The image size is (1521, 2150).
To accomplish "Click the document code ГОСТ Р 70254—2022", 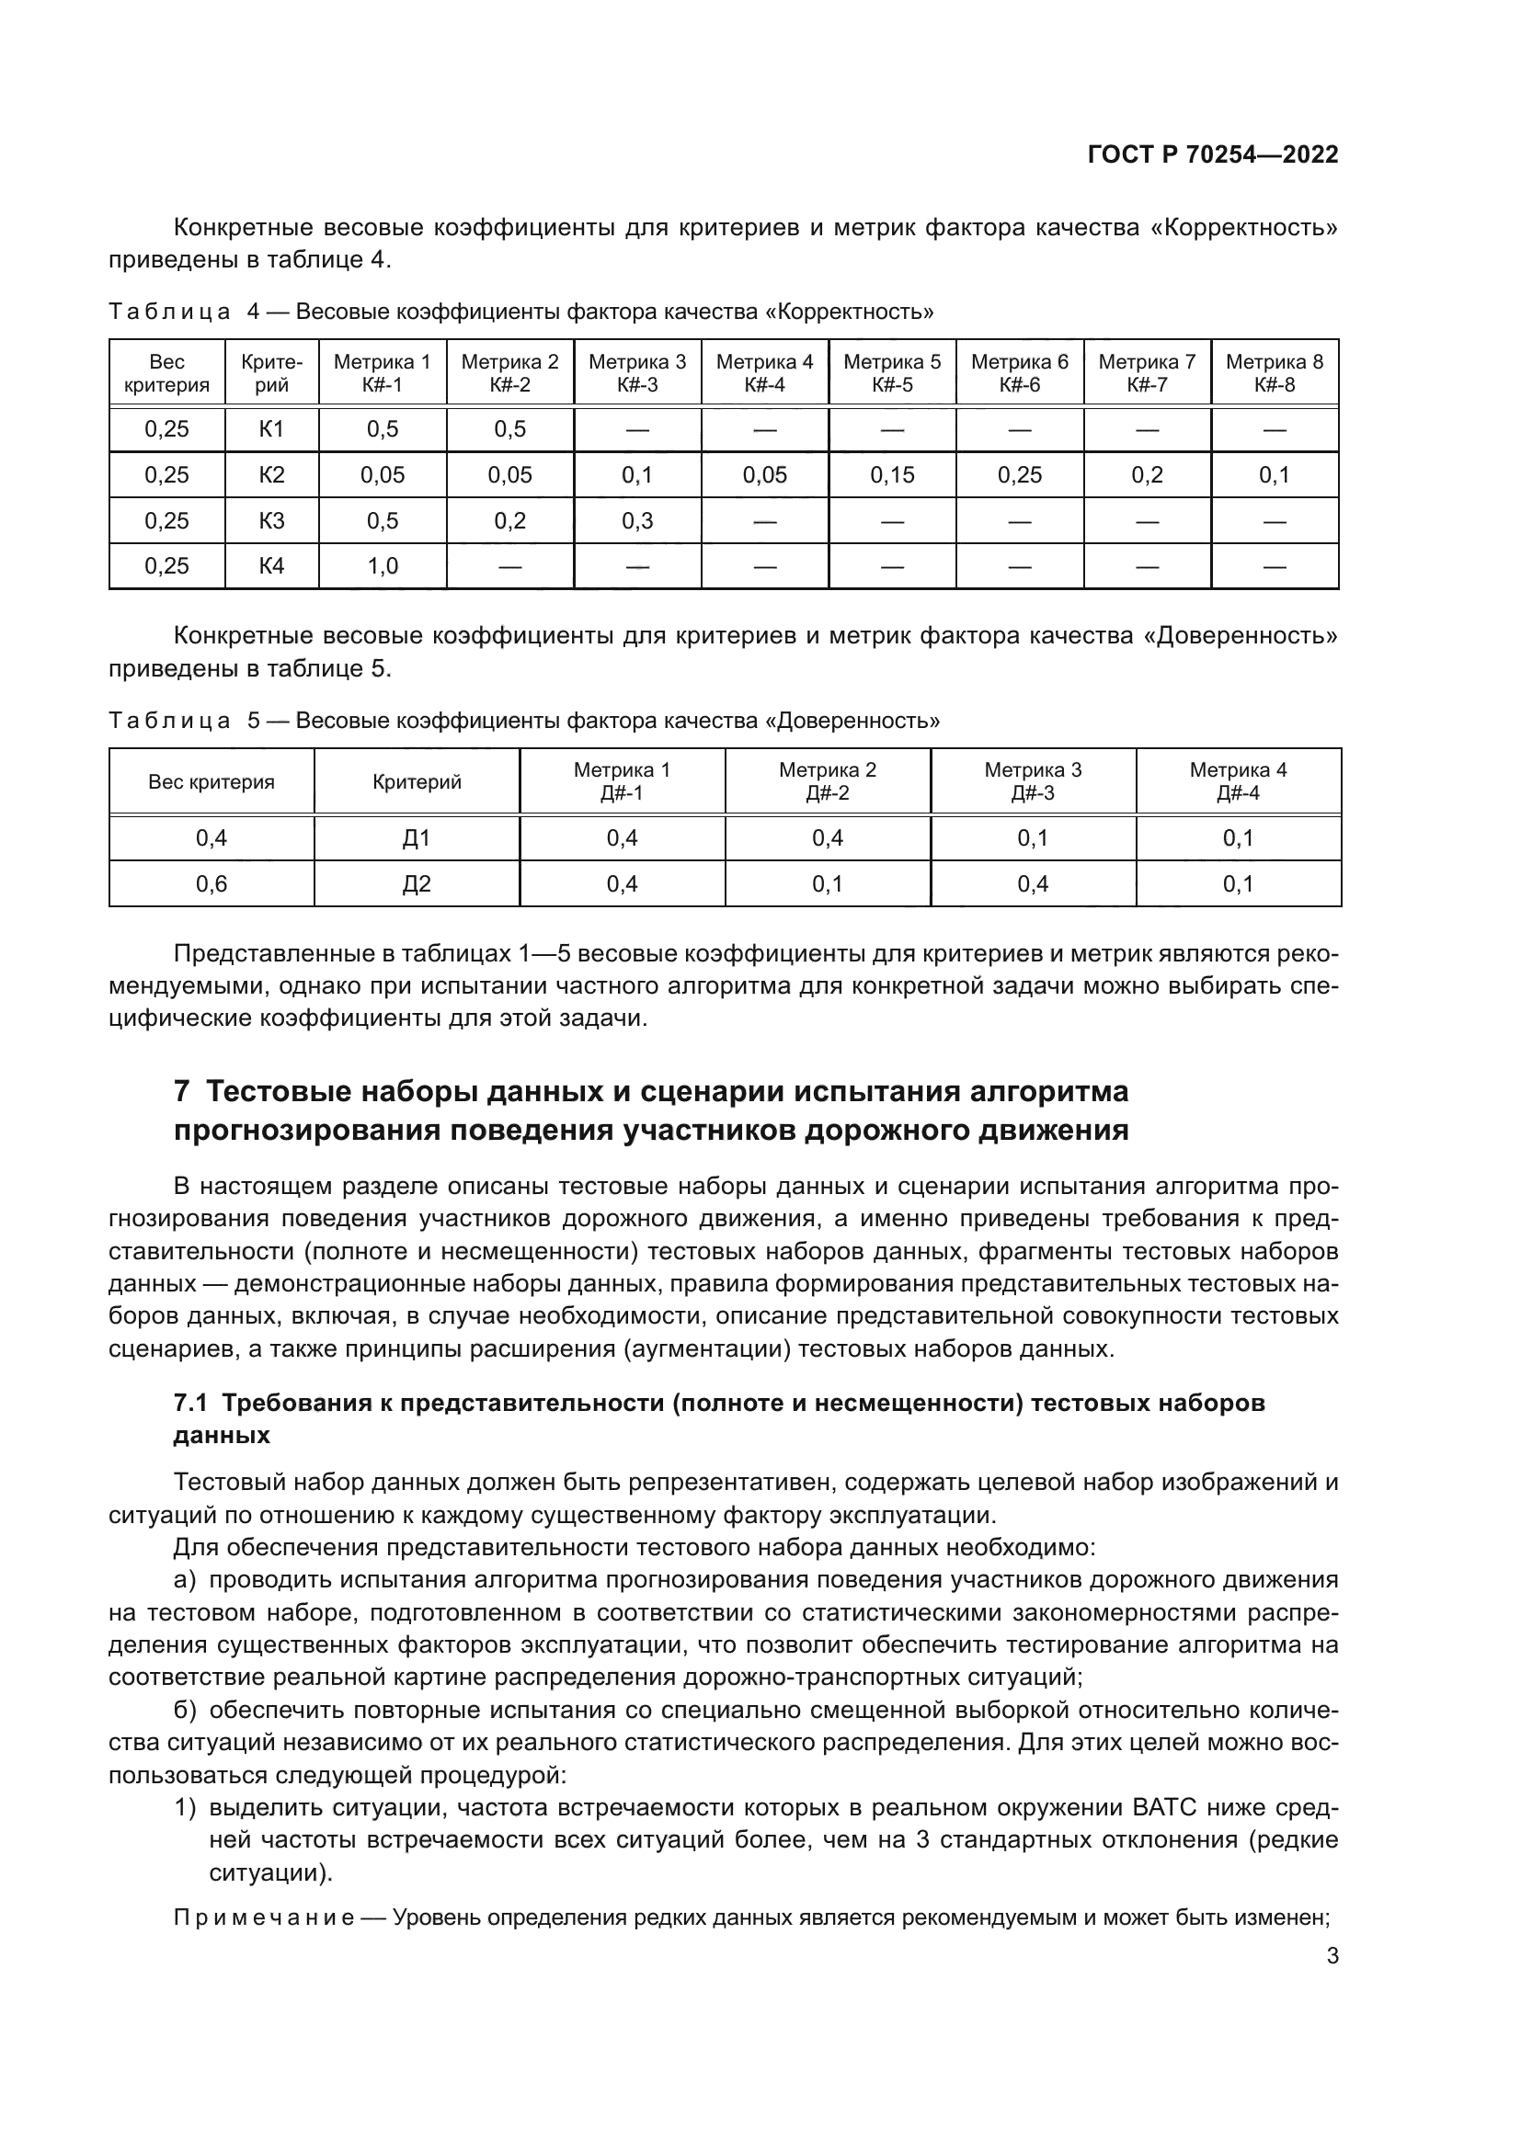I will [x=1213, y=154].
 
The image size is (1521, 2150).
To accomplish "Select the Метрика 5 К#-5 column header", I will [x=892, y=372].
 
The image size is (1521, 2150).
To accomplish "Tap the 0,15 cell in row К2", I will [x=892, y=474].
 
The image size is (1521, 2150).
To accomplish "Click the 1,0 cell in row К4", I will [x=383, y=565].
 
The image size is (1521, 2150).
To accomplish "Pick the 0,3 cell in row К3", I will [x=637, y=520].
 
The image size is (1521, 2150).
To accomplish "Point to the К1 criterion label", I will [x=271, y=430].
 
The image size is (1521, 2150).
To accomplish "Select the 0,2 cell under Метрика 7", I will [x=1147, y=474].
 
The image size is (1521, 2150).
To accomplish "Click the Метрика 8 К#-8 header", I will [x=1274, y=372].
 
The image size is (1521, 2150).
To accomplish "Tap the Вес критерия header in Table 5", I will [x=212, y=782].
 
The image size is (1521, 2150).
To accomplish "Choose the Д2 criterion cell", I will [x=417, y=884].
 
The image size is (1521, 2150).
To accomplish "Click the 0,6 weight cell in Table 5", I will [x=212, y=884].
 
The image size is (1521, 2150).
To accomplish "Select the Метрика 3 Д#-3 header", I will [x=1032, y=781].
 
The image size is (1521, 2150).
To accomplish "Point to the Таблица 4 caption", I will [x=169, y=312].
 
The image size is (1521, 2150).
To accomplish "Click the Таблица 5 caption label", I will [x=169, y=721].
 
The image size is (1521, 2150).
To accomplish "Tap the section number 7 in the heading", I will [x=183, y=1092].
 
